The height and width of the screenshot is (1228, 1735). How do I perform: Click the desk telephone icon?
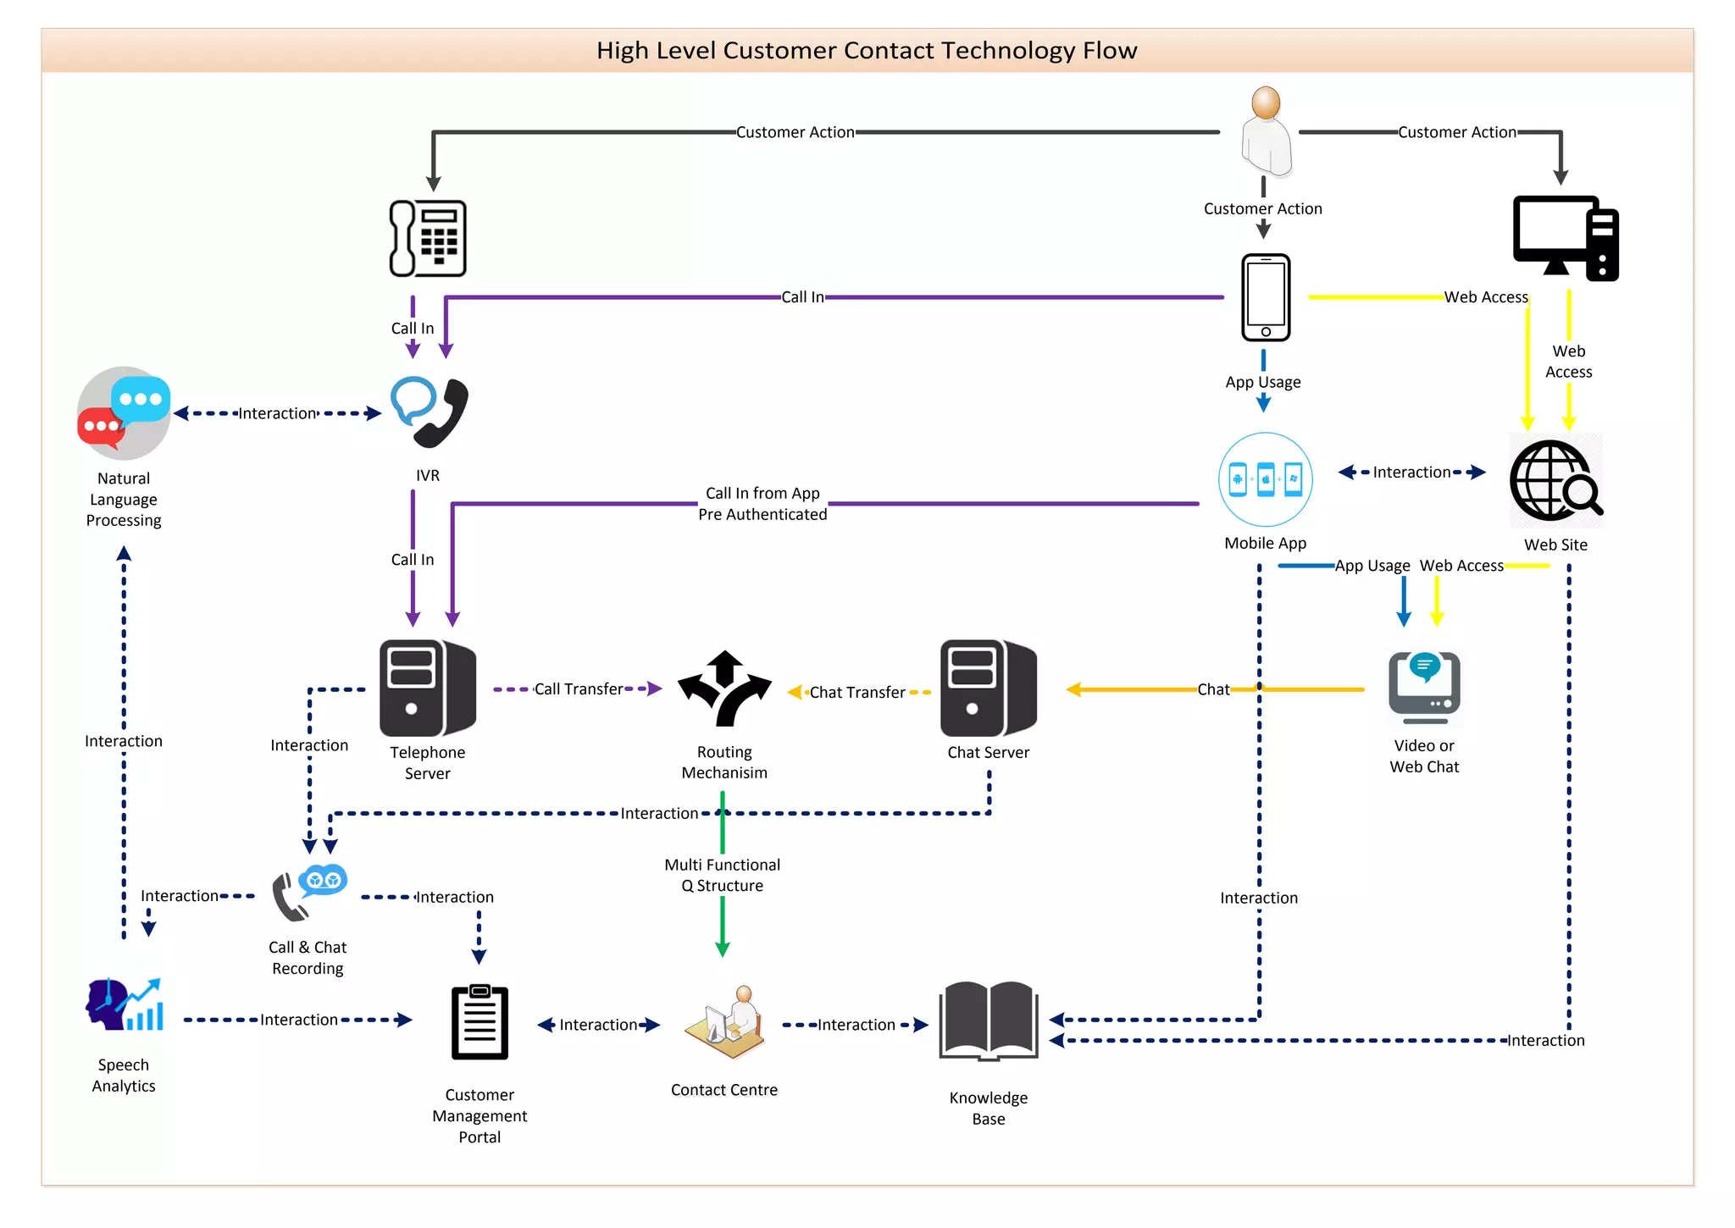pos(428,238)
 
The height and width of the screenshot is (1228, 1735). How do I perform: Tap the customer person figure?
pos(1266,132)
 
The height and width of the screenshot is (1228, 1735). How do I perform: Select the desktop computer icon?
pos(1565,238)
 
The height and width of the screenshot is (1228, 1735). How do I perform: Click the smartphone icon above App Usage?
pos(1265,297)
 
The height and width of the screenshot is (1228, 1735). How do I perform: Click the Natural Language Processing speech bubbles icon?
pos(124,413)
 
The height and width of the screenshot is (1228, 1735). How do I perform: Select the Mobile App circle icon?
pos(1265,479)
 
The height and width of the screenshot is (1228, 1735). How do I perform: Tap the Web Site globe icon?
pos(1555,480)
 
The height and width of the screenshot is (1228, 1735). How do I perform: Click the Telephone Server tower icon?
pos(428,688)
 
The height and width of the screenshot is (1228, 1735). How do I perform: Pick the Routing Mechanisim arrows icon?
pos(724,689)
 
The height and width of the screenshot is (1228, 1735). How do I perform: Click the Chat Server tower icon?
pos(988,688)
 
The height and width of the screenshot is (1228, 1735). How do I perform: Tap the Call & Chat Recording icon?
pos(308,894)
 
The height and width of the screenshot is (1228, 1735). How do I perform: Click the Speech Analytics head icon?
pos(124,1005)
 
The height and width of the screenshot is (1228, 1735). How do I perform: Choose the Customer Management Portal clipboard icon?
pos(479,1022)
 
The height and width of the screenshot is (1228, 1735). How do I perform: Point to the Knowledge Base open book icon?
pos(989,1021)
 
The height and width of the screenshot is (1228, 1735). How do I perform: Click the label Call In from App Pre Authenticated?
pos(762,504)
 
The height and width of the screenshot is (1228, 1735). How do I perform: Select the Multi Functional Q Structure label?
pos(722,875)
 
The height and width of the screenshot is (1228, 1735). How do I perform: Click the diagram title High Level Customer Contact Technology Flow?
pos(867,50)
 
